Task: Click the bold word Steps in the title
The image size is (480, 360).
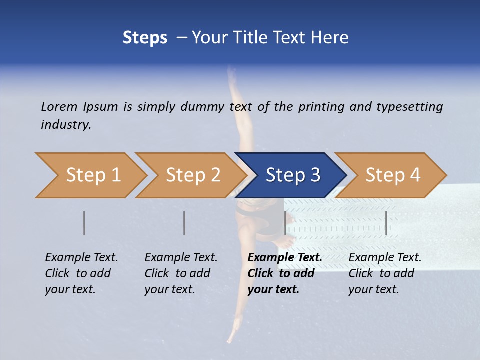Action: coord(145,38)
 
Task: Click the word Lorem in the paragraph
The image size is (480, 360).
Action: coord(59,106)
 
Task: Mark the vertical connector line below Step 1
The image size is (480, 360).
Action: coord(84,223)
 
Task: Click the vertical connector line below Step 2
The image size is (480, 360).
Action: coord(184,223)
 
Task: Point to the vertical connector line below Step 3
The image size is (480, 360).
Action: coord(285,223)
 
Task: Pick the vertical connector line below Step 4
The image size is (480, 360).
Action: coord(386,223)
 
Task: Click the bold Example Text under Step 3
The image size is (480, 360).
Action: coord(285,258)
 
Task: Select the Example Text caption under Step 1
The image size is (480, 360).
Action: coord(81,258)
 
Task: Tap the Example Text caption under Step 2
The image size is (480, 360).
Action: coord(181,258)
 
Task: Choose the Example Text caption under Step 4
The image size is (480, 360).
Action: coord(385,258)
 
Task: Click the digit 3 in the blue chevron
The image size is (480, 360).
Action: coord(314,175)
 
